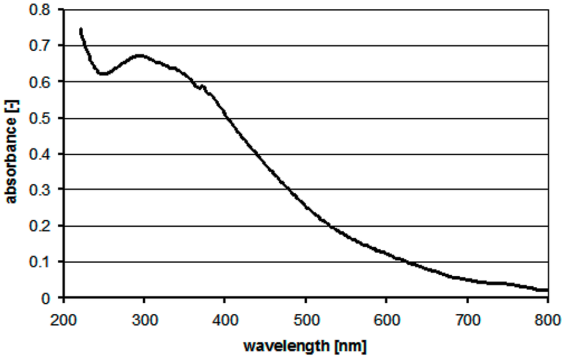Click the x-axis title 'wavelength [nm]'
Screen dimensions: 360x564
[305, 347]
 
